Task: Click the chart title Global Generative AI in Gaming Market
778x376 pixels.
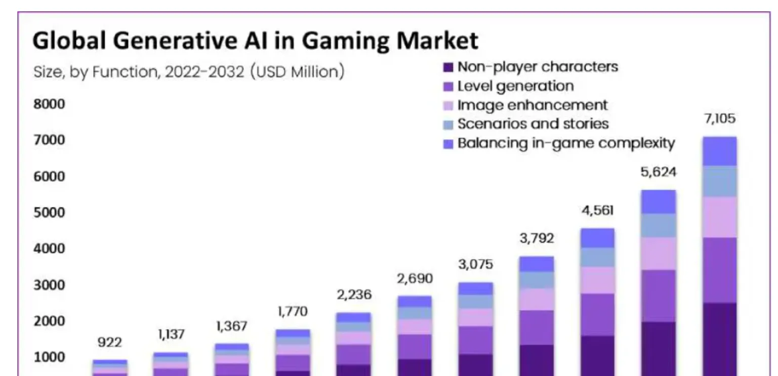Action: point(255,41)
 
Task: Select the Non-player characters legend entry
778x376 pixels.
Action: point(537,67)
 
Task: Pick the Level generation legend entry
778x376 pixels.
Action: point(515,86)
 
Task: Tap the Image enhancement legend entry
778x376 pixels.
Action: point(532,105)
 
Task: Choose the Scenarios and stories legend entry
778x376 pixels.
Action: point(533,124)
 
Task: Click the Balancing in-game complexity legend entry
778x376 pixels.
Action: point(565,143)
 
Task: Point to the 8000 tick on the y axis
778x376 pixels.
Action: point(49,104)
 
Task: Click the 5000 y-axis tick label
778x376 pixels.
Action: point(49,212)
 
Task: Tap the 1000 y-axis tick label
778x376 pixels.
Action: point(49,357)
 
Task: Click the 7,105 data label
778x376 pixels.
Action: point(719,119)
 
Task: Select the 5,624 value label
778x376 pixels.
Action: point(659,172)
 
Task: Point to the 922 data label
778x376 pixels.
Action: point(110,342)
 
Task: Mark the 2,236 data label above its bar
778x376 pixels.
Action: point(354,295)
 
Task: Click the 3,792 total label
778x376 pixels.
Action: point(537,238)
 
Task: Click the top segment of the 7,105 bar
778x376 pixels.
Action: point(719,151)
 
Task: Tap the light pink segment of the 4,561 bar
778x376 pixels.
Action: point(597,280)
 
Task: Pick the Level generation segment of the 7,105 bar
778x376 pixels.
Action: point(719,270)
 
